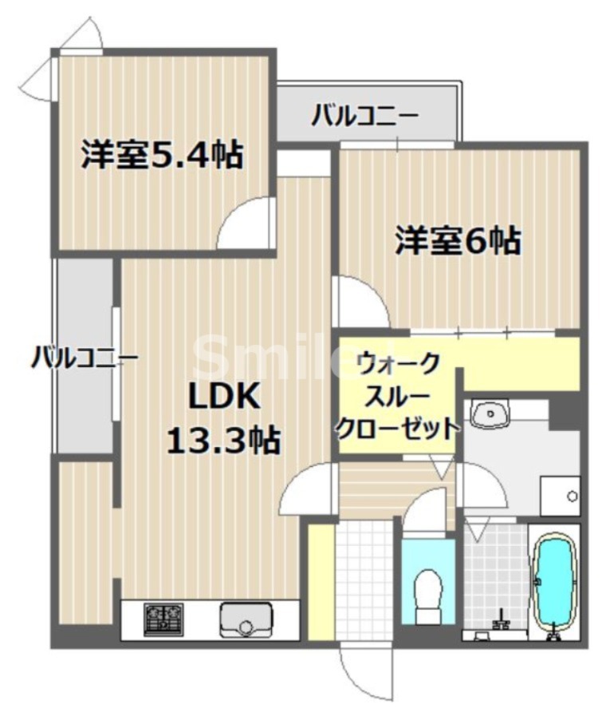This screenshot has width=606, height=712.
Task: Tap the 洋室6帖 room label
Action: pyautogui.click(x=458, y=239)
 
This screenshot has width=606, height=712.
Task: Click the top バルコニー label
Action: pyautogui.click(x=364, y=117)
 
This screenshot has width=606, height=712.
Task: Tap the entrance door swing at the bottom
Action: pyautogui.click(x=364, y=670)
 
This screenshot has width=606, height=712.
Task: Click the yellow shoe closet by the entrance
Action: pyautogui.click(x=321, y=580)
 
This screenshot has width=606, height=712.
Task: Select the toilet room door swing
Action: pyautogui.click(x=429, y=511)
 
